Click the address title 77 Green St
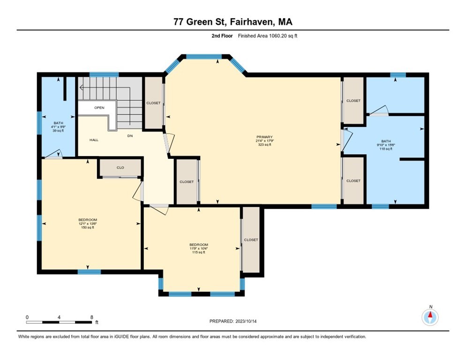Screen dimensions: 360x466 point(233,22)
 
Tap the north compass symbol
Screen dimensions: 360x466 point(430,317)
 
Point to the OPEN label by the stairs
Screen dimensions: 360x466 point(99,107)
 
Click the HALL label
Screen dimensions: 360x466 point(94,140)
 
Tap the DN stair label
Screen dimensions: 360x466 point(130,136)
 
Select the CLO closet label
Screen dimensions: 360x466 point(120,167)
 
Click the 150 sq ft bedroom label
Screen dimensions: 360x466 point(88,224)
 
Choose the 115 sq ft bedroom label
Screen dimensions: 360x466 point(198,248)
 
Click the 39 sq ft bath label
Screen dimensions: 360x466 point(57,127)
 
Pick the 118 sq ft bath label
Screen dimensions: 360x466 point(386,145)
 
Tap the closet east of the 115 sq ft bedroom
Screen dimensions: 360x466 point(251,240)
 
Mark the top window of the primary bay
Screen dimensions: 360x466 point(204,57)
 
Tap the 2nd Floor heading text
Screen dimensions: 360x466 point(222,36)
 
